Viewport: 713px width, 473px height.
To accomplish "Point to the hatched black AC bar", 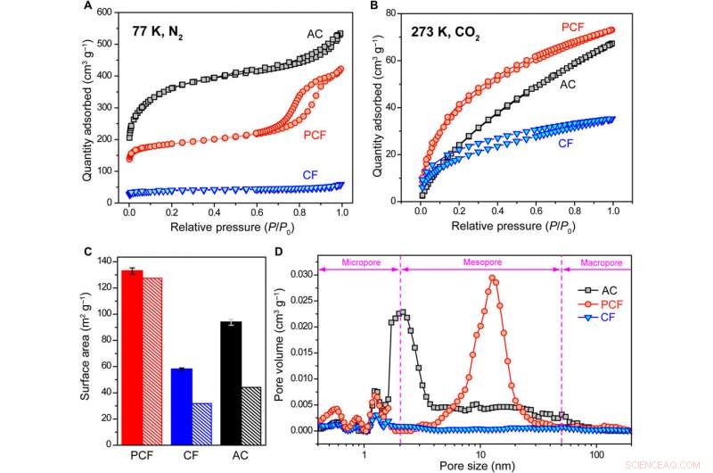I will point(251,415).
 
